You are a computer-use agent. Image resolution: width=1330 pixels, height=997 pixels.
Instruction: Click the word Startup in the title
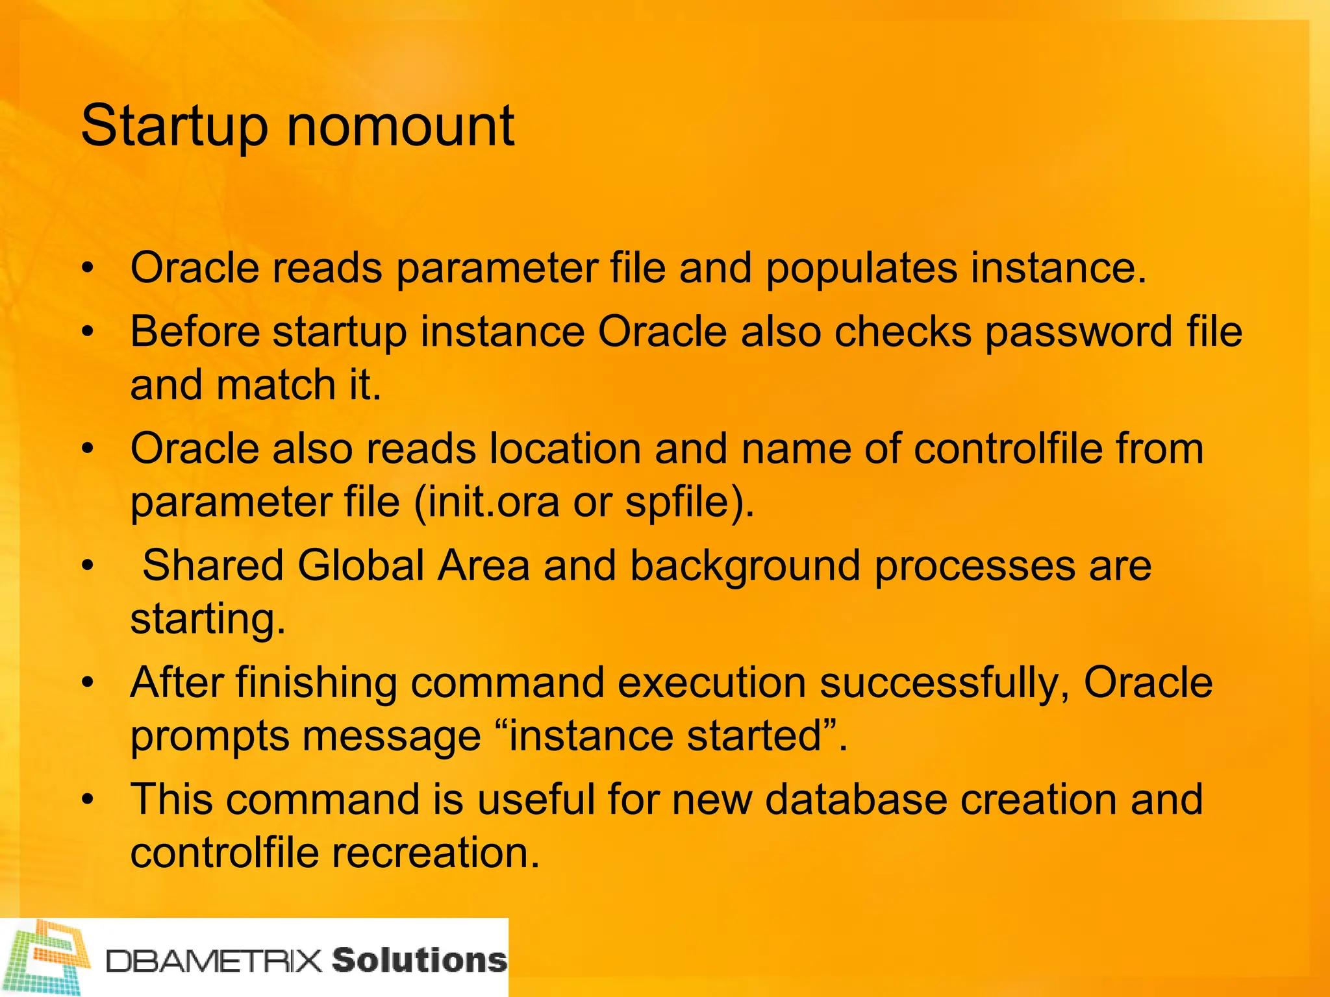174,127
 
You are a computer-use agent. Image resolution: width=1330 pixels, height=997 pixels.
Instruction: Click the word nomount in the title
400,126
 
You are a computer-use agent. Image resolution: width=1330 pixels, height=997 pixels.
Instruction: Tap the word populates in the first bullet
860,269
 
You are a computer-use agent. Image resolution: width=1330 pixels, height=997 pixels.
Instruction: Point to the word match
275,385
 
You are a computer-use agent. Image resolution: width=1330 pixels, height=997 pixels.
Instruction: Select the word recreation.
436,853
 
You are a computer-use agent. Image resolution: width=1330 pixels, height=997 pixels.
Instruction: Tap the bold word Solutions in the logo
420,960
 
